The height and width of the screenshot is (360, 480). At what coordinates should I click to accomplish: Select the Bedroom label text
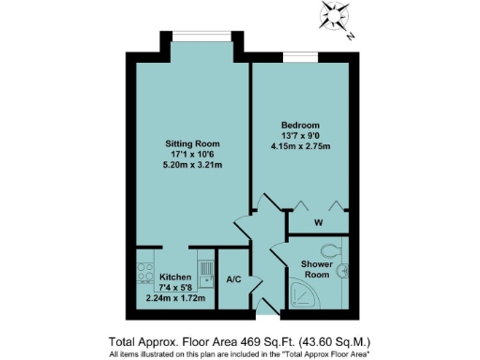tap(301, 126)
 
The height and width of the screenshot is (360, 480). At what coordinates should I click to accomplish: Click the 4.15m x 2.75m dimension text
tap(301, 146)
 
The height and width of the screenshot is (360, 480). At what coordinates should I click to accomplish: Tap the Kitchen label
tap(175, 278)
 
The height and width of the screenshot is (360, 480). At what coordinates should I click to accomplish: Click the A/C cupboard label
tap(235, 279)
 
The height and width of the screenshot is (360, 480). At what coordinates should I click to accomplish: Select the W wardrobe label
tap(319, 223)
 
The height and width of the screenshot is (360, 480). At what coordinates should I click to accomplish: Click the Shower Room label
tap(315, 269)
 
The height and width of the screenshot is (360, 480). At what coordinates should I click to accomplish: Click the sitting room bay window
tap(202, 39)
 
